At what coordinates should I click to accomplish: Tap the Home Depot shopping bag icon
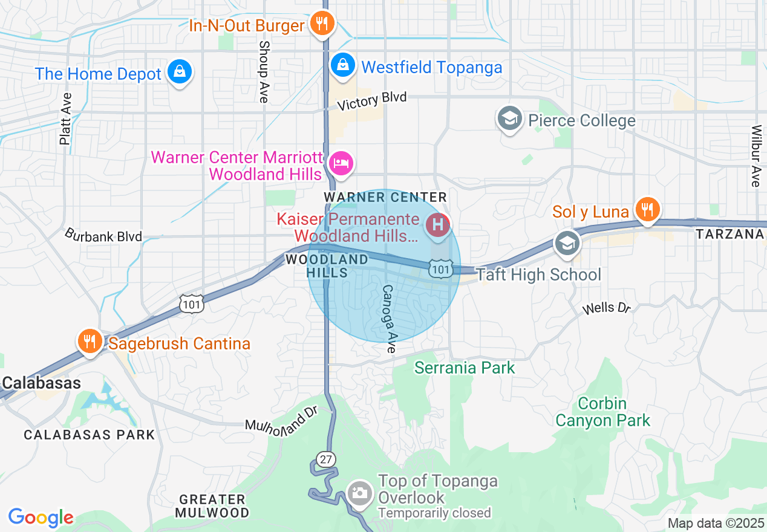pyautogui.click(x=180, y=72)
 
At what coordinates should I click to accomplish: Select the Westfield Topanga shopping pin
pyautogui.click(x=342, y=64)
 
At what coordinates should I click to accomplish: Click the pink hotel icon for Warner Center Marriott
pyautogui.click(x=341, y=163)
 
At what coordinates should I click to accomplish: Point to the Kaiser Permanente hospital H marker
pyautogui.click(x=438, y=225)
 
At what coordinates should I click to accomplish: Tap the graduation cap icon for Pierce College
pyautogui.click(x=509, y=118)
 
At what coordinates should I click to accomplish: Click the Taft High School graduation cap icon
pyautogui.click(x=567, y=244)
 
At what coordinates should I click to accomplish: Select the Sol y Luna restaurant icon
pyautogui.click(x=647, y=210)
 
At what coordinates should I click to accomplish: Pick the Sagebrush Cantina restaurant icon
pyautogui.click(x=90, y=342)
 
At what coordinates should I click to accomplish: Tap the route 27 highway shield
pyautogui.click(x=327, y=459)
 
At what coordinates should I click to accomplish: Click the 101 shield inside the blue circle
pyautogui.click(x=441, y=268)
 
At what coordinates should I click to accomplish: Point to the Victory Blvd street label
pyautogui.click(x=372, y=101)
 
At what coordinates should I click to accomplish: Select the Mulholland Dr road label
pyautogui.click(x=281, y=419)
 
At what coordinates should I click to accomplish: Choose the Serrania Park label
pyautogui.click(x=465, y=368)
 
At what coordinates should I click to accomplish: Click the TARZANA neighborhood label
pyautogui.click(x=731, y=234)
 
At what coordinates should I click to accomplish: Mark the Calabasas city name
pyautogui.click(x=41, y=383)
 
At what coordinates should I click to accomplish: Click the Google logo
pyautogui.click(x=41, y=517)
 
